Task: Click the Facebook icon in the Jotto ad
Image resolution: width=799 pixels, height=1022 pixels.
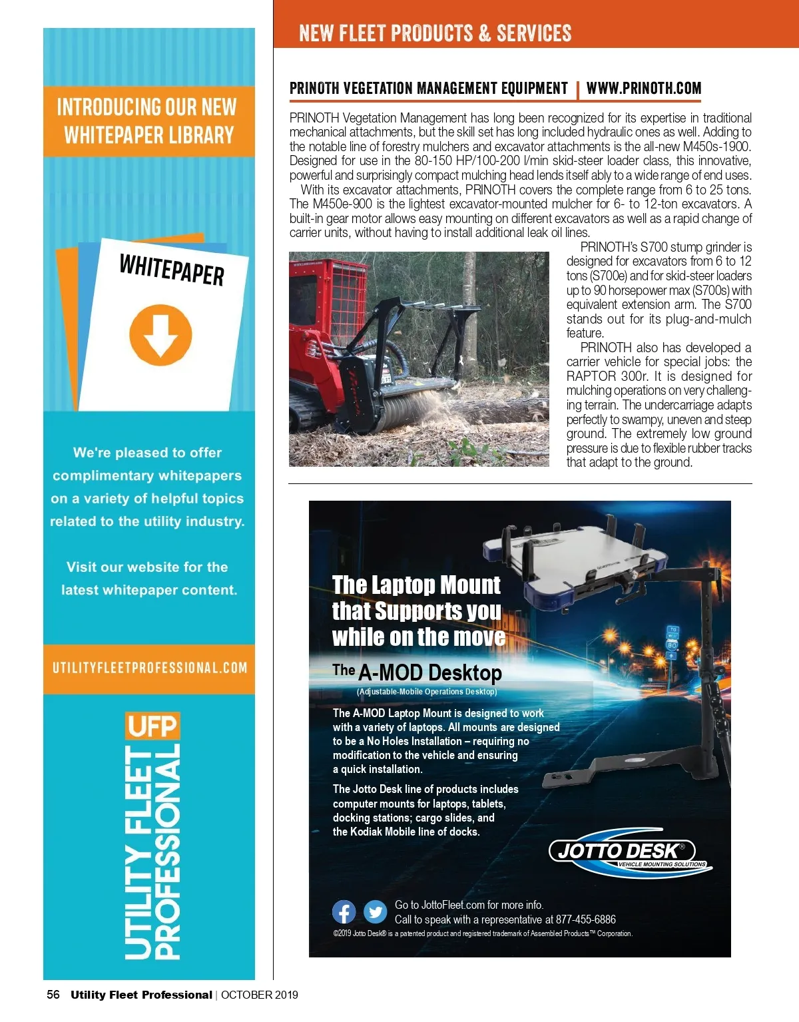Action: pos(344,911)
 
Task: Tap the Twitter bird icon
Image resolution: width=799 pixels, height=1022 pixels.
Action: pos(376,911)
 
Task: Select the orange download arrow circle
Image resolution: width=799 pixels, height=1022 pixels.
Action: pos(160,335)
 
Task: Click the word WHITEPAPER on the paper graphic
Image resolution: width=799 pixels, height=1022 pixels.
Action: pos(172,269)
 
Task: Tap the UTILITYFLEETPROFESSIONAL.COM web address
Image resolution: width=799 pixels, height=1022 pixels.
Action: pos(150,668)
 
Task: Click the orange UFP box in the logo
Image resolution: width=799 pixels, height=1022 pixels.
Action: pos(152,726)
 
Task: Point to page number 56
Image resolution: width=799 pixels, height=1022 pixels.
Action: pos(53,995)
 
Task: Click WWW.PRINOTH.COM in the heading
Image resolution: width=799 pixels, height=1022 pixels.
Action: pos(644,89)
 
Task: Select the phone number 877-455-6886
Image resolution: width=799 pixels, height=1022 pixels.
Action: pos(586,919)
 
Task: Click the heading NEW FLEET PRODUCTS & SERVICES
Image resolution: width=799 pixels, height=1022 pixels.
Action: pos(435,33)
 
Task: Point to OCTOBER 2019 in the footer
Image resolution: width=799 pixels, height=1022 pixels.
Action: pos(260,995)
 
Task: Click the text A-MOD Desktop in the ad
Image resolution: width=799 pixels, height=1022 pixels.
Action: pos(429,672)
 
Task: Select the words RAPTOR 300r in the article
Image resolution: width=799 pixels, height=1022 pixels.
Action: pos(605,376)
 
